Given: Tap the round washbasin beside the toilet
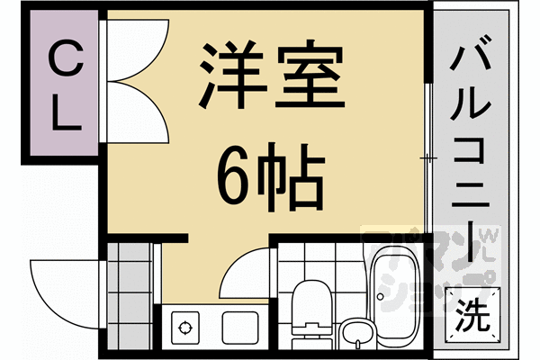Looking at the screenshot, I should click(356, 333).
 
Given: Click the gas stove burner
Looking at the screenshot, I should click(187, 326).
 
